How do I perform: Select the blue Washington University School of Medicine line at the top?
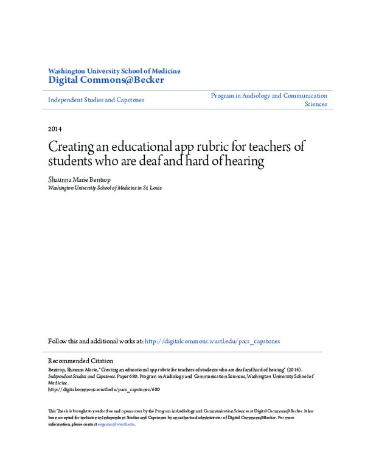(x=114, y=71)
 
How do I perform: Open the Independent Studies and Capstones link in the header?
(x=96, y=100)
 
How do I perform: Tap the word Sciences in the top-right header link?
(x=315, y=104)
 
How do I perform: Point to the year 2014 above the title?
(x=55, y=129)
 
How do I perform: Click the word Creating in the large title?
(x=72, y=148)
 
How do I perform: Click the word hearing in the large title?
(x=243, y=162)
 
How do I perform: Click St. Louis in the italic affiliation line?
(x=151, y=189)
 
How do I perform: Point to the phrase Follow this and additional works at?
(x=96, y=341)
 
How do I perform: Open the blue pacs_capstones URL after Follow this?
(x=212, y=341)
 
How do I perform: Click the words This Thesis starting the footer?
(x=61, y=411)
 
